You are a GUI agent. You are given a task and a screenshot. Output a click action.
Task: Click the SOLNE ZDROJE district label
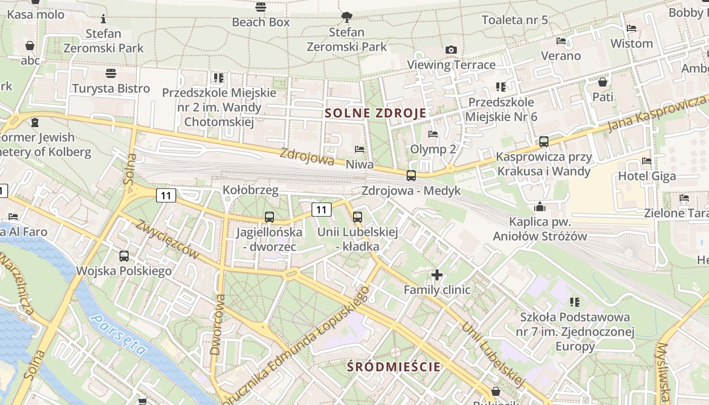pos(375,113)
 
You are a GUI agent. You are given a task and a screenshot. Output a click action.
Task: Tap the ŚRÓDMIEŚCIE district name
pos(394,367)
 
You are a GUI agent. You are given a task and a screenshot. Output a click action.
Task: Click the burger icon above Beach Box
pos(261,7)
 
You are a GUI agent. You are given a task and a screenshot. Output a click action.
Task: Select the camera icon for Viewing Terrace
pos(451,50)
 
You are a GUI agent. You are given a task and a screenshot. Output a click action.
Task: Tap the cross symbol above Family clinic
pos(437,275)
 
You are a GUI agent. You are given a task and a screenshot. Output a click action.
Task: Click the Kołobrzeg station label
pos(250,190)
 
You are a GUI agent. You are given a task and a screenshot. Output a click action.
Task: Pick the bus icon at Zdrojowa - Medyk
pos(411,176)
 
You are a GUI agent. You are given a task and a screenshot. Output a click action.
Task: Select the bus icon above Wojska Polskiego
pos(124,256)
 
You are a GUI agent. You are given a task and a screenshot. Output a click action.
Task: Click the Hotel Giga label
pos(647,176)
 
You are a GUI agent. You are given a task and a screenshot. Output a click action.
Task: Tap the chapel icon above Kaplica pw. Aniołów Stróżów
pos(539,207)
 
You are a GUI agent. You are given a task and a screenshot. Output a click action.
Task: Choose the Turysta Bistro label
pos(111,89)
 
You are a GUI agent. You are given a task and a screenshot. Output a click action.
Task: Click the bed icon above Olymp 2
pos(433,134)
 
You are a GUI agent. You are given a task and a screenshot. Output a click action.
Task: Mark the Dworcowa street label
pos(217,324)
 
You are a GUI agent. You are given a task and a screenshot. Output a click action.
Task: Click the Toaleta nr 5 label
pos(515,20)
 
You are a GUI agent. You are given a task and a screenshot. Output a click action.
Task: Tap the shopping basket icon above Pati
pos(603,82)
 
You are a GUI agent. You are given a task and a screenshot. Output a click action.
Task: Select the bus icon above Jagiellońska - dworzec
pos(269,217)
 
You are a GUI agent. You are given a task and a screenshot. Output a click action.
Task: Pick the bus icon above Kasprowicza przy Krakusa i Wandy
pos(544,142)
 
